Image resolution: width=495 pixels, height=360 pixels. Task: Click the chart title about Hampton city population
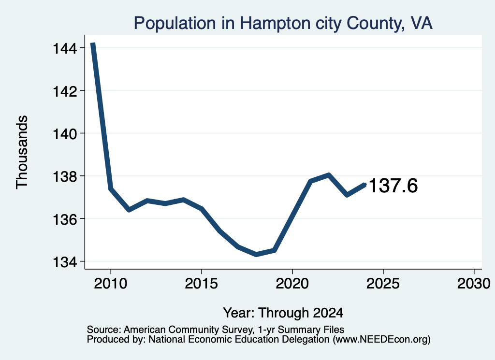click(x=283, y=23)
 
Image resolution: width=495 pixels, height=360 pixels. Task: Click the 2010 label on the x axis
click(x=111, y=283)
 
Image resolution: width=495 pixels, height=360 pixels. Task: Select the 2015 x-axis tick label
click(x=202, y=283)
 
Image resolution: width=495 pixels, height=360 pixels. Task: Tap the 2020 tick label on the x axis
click(x=292, y=283)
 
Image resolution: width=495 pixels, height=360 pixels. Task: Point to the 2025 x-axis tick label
click(x=383, y=283)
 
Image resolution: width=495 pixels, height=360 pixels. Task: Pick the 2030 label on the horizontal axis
click(x=474, y=283)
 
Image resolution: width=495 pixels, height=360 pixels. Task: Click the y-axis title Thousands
click(x=22, y=152)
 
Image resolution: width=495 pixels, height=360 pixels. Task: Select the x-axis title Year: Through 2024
click(x=283, y=313)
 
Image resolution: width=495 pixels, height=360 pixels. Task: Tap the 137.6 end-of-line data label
click(x=393, y=185)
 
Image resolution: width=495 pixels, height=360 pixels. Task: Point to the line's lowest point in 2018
click(x=256, y=254)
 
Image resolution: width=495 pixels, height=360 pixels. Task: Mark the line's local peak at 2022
click(x=329, y=175)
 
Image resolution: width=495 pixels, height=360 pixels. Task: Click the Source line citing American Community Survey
click(x=215, y=330)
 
